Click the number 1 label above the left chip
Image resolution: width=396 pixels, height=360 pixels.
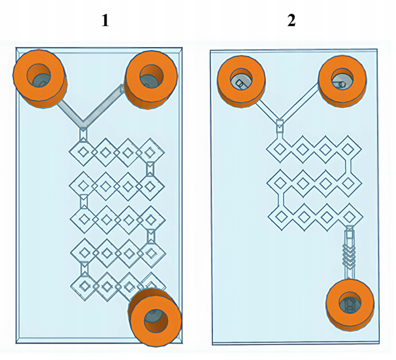[105, 20]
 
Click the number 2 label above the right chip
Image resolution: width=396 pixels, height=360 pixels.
[292, 20]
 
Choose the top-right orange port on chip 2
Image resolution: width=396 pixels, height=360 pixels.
[343, 81]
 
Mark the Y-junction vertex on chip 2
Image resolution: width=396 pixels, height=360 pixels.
[279, 120]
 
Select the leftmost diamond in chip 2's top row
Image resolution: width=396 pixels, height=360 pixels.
[280, 147]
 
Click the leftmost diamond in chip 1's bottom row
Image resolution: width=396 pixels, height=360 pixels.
[85, 285]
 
